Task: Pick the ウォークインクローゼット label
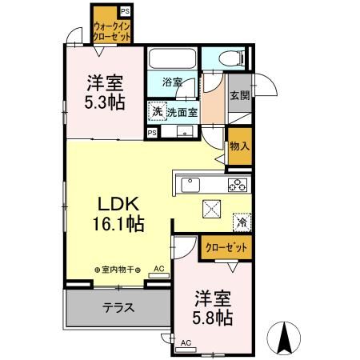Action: click(111, 31)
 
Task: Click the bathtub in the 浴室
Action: click(173, 60)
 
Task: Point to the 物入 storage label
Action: click(239, 146)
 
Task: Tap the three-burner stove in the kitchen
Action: click(237, 186)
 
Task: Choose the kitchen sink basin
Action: click(192, 186)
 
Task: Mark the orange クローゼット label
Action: click(225, 248)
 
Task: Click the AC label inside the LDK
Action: click(158, 270)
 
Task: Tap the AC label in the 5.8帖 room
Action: click(186, 343)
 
